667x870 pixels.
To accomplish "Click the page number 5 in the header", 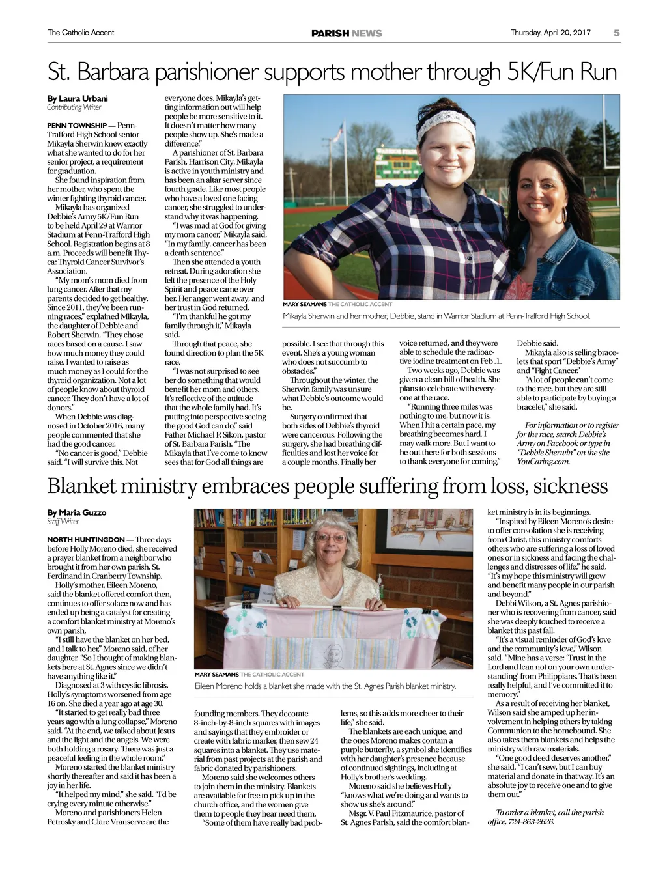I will pyautogui.click(x=616, y=33).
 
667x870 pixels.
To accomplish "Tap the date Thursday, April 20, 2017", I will pyautogui.click(x=550, y=33).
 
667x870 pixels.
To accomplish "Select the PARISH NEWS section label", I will pyautogui.click(x=347, y=33).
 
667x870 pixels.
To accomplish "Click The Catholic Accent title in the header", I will pyautogui.click(x=81, y=33).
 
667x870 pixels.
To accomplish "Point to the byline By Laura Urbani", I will pyautogui.click(x=78, y=98).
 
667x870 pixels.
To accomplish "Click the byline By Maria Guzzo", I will pyautogui.click(x=76, y=512).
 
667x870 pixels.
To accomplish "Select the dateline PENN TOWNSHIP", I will pyautogui.click(x=77, y=126).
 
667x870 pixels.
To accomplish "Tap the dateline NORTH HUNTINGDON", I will pyautogui.click(x=86, y=540).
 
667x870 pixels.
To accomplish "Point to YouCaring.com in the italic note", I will pyautogui.click(x=543, y=462).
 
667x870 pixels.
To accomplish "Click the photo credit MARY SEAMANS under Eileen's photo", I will pyautogui.click(x=216, y=674).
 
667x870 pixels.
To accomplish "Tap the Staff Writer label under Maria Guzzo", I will pyautogui.click(x=63, y=522).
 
